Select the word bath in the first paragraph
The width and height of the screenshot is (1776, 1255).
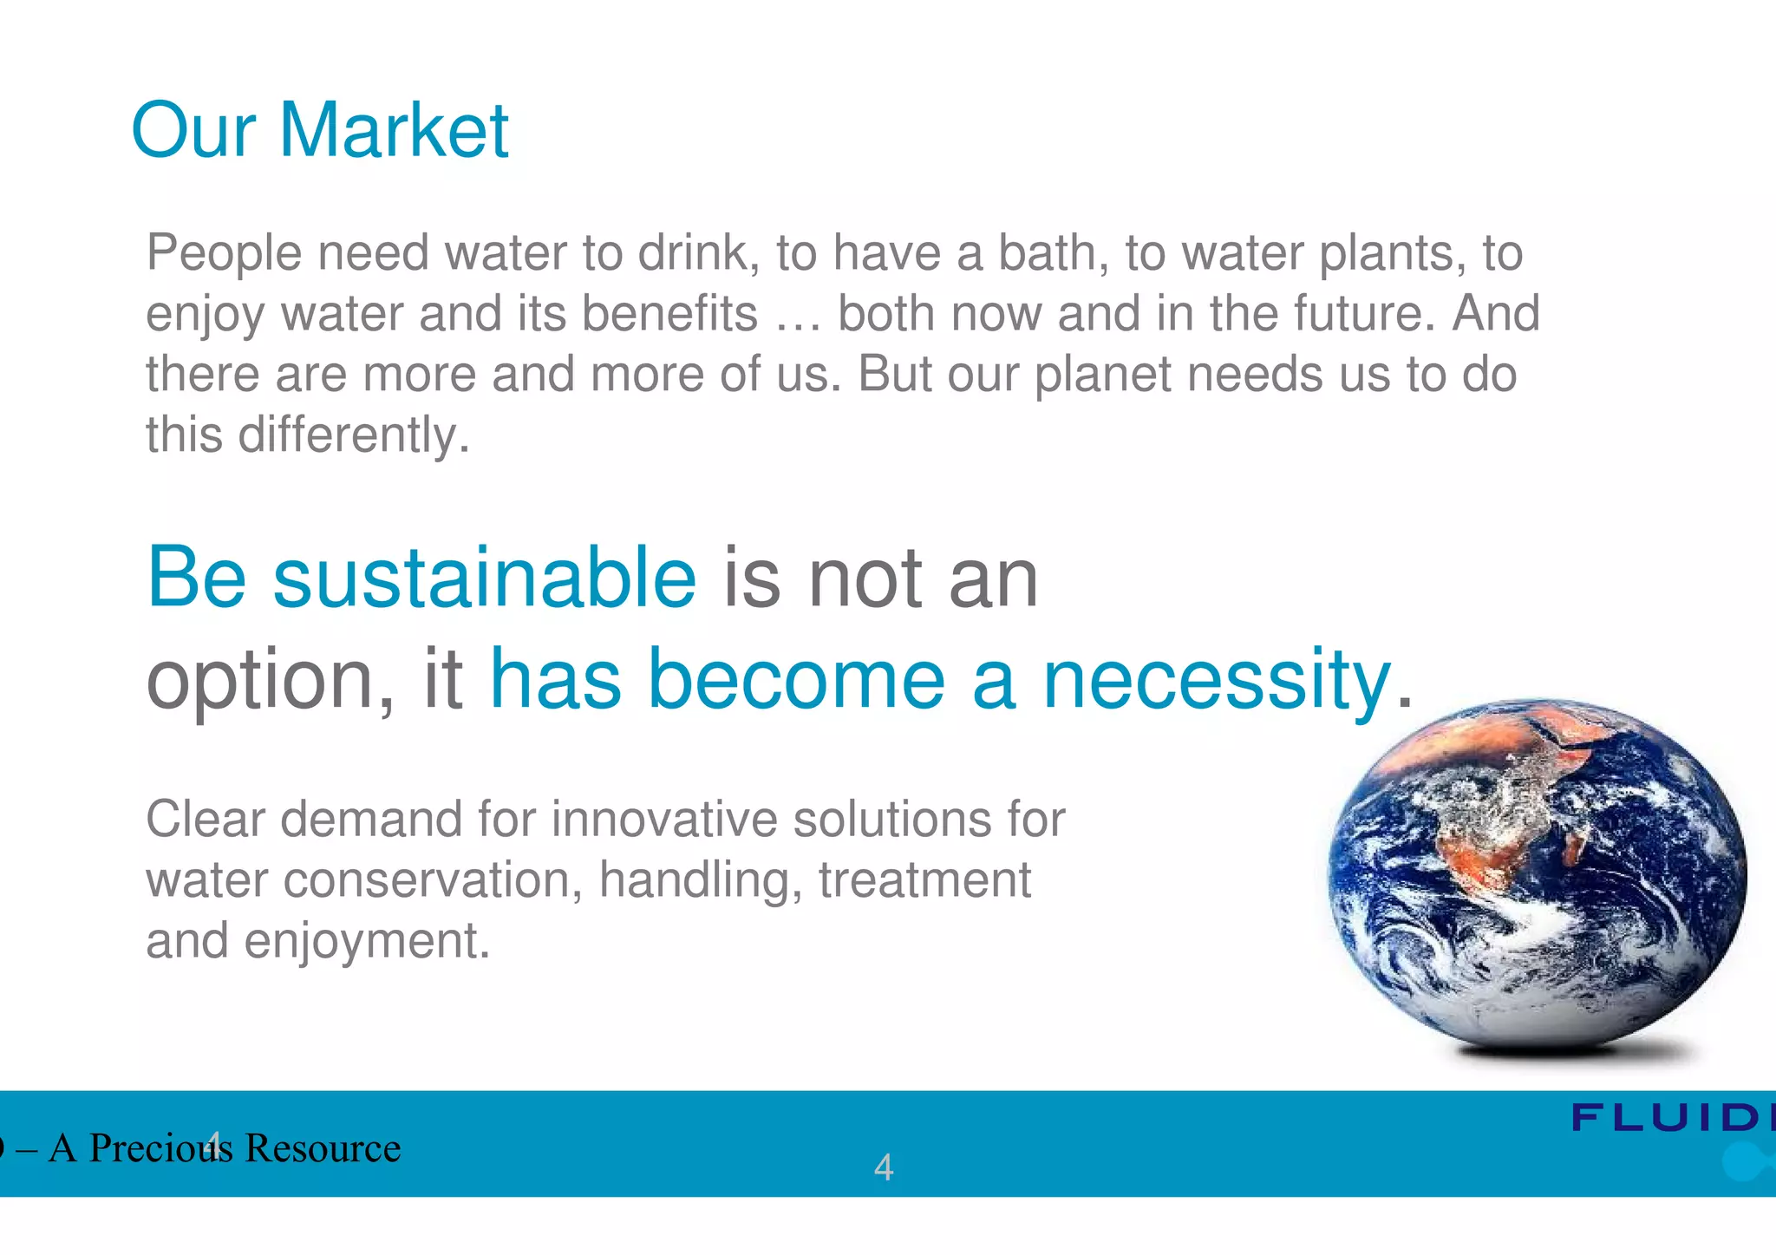click(x=1053, y=253)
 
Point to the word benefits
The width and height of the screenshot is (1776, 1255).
click(x=669, y=314)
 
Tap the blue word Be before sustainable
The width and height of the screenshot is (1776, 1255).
click(x=197, y=578)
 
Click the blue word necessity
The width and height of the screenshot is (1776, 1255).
click(x=1216, y=682)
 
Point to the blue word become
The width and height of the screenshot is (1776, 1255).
click(x=796, y=680)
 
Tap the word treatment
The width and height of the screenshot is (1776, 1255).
click(x=924, y=880)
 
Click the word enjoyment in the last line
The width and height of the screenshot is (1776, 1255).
click(x=367, y=941)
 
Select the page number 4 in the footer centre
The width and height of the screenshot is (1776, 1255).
click(x=883, y=1167)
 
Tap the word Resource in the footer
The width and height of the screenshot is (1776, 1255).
click(x=322, y=1148)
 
